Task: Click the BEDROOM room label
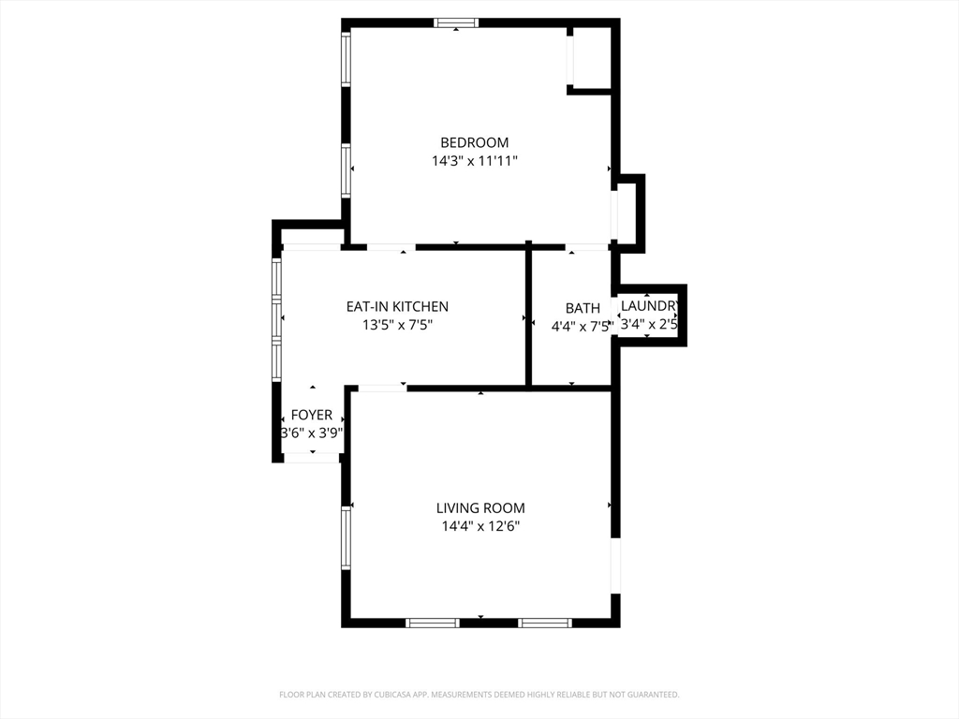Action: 475,142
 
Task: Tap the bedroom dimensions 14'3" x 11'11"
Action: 475,161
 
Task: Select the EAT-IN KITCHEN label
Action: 397,306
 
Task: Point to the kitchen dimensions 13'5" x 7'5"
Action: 397,325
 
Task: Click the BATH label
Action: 583,308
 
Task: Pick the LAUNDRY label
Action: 649,306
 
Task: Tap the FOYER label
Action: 312,415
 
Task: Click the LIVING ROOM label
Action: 480,508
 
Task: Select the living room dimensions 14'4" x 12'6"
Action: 480,526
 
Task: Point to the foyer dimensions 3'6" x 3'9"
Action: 312,433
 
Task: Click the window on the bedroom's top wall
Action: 456,23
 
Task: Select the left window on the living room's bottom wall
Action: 433,623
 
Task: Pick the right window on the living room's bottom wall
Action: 545,623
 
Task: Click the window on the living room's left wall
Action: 347,538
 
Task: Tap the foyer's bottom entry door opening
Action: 312,457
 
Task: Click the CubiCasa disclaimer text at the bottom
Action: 479,695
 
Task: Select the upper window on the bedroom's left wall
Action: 347,59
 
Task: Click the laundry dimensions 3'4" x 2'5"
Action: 649,324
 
